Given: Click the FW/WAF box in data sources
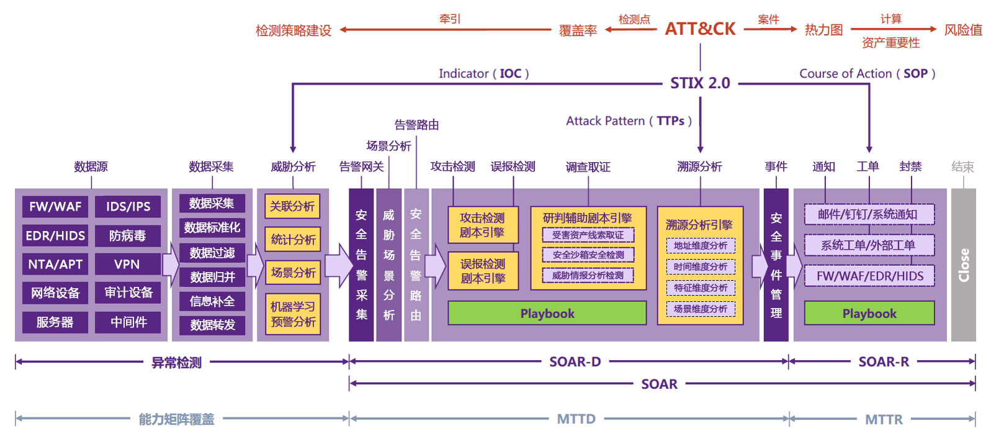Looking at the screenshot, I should click(55, 206).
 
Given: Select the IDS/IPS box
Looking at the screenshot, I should click(128, 206).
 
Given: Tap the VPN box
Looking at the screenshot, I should click(127, 264).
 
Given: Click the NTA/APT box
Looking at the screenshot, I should click(55, 264).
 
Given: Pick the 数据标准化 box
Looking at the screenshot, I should click(212, 227).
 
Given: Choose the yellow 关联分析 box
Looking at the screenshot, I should click(292, 206).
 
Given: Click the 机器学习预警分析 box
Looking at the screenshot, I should click(293, 314).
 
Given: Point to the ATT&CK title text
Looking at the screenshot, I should click(700, 29).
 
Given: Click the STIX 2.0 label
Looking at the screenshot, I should click(700, 83).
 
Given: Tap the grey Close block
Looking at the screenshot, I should click(963, 265).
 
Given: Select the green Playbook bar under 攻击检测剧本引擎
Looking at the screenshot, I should click(547, 314).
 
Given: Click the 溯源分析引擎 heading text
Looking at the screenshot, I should click(699, 225).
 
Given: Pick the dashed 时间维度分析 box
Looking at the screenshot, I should click(700, 267).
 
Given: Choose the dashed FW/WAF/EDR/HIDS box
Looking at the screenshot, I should click(869, 276).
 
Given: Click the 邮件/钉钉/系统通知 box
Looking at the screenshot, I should click(868, 214).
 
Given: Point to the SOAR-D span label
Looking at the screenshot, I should click(575, 361).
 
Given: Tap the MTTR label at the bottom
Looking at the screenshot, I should click(884, 419).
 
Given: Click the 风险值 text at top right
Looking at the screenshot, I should click(963, 30).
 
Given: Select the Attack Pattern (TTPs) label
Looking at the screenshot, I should click(629, 121).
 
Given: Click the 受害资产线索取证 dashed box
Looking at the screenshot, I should click(588, 235).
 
